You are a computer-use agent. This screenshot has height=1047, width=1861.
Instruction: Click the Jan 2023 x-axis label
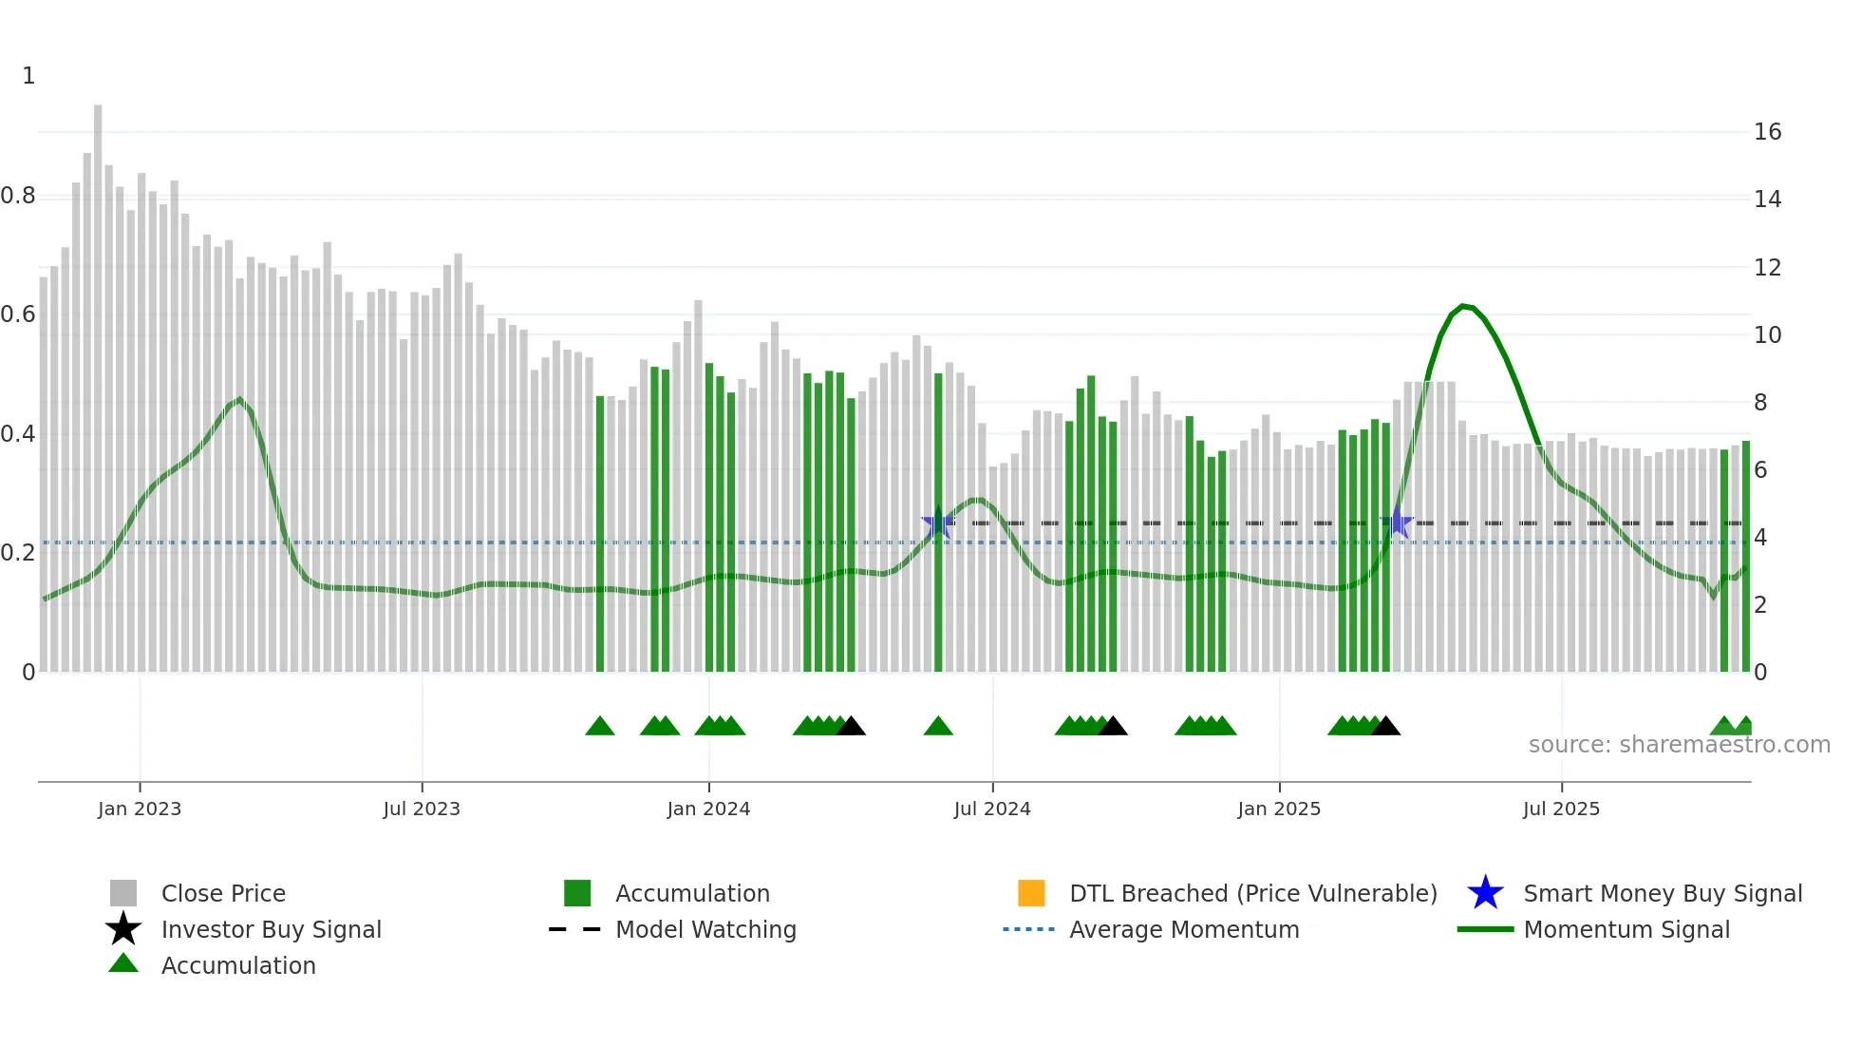(x=140, y=809)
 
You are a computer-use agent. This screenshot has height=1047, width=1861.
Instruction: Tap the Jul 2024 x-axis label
(x=992, y=809)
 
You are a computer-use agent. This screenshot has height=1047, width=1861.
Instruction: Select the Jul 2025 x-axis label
(x=1561, y=809)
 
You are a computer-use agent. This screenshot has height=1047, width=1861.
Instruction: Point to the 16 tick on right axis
(x=1767, y=132)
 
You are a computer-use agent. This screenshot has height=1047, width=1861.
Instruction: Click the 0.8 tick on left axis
(x=19, y=197)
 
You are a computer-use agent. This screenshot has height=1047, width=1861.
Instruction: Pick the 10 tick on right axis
(x=1767, y=335)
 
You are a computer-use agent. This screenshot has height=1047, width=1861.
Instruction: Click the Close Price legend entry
(x=223, y=894)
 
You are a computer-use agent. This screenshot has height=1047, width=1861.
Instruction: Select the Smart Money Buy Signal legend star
(x=1485, y=893)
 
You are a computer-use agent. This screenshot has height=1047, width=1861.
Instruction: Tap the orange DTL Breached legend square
(x=1031, y=893)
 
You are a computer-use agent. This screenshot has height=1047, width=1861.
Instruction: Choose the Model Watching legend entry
(x=705, y=930)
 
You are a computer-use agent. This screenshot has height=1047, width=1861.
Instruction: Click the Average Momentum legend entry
(x=1184, y=930)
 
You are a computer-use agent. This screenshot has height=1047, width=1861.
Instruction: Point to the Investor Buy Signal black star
(x=123, y=929)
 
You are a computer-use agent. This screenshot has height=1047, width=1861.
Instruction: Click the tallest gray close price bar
(x=98, y=380)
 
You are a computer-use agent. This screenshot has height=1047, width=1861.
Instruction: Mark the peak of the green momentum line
(x=1463, y=306)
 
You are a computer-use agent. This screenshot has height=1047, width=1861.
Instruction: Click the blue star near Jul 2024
(x=938, y=523)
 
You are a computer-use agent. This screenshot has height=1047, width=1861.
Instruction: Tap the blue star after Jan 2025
(x=1398, y=523)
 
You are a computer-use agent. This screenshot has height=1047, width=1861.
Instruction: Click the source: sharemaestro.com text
(x=1679, y=745)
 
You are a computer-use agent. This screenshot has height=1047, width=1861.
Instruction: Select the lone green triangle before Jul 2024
(x=938, y=727)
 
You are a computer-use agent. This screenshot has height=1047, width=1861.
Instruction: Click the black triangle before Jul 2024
(x=852, y=727)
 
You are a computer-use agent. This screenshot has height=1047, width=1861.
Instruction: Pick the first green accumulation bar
(x=600, y=532)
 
